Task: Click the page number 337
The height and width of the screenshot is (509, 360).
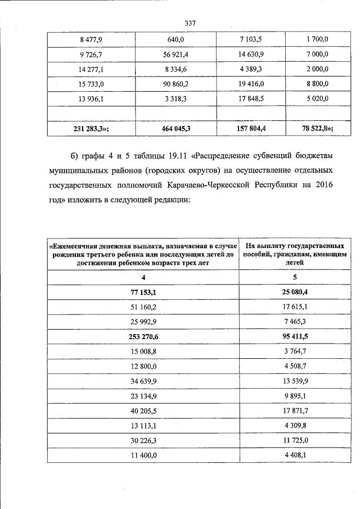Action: pos(189,22)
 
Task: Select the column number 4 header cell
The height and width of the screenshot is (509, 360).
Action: pos(143,278)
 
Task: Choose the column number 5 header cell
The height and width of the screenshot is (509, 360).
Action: pos(295,278)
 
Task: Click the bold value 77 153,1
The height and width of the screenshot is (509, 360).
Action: pos(143,292)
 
